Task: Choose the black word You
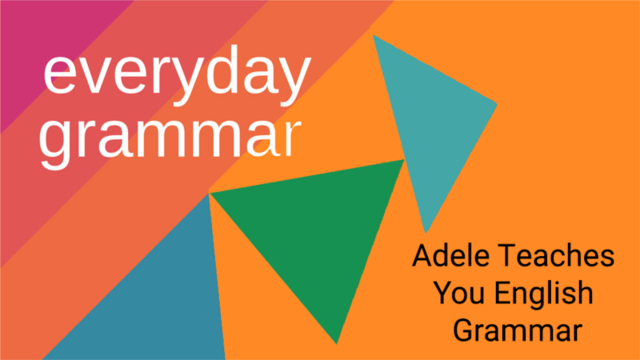point(457,293)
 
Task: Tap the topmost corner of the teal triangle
point(374,35)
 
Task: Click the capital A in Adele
point(421,257)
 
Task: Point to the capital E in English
point(502,293)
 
